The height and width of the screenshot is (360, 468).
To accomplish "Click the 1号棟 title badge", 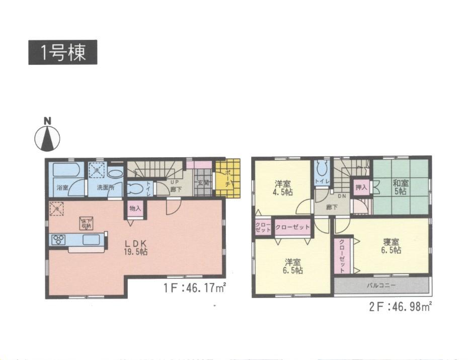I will (x=62, y=52).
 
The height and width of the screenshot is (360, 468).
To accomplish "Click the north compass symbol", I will (x=47, y=136).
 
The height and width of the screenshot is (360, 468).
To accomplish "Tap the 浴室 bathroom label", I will (x=62, y=188).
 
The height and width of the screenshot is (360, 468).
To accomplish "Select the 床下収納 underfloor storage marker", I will (x=85, y=223).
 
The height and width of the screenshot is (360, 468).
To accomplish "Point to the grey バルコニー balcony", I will (x=382, y=285).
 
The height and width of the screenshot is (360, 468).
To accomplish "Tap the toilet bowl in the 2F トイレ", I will (x=320, y=168).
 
